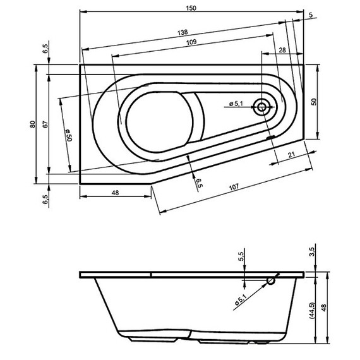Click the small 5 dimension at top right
(311, 15)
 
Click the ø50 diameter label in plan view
(68, 135)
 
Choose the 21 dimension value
(291, 154)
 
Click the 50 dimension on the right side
(313, 101)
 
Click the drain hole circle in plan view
(261, 106)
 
